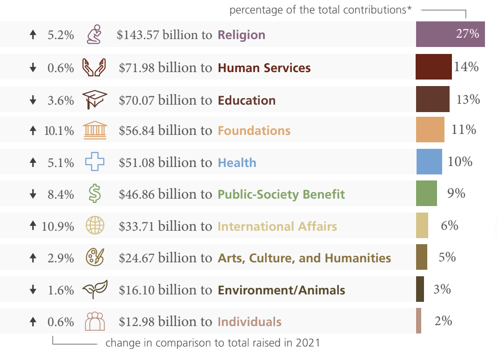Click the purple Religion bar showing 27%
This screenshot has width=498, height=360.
(450, 34)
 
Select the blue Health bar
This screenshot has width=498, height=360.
(429, 161)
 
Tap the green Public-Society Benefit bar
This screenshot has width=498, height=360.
(426, 193)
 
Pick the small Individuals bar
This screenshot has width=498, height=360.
(418, 320)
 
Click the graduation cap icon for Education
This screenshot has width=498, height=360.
(94, 99)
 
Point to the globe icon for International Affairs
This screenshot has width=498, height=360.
(95, 226)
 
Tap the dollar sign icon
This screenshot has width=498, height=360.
(94, 193)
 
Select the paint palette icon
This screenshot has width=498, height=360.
(95, 257)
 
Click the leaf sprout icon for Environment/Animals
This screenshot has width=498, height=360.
(94, 289)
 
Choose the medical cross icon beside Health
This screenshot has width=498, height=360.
(94, 162)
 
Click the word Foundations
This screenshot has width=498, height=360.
(254, 131)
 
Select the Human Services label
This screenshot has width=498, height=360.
(264, 68)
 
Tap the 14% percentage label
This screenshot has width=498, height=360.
(466, 67)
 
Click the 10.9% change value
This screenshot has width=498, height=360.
(58, 227)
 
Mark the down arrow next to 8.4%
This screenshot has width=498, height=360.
(33, 194)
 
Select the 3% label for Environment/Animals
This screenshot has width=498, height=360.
(442, 289)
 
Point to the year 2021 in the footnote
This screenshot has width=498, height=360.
(308, 343)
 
